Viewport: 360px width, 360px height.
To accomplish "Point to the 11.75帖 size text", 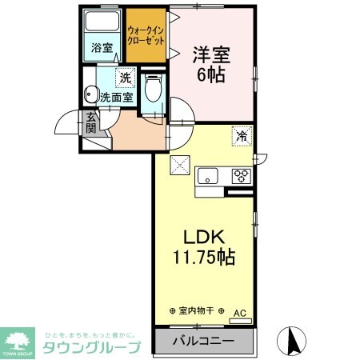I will pos(204,258).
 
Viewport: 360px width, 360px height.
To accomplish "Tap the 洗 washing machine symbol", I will pos(125,78).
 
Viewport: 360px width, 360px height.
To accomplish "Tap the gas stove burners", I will pos(240,176).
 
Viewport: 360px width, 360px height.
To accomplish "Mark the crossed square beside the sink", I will pos(180,166).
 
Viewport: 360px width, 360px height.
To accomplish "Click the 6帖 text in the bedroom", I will pos(210,75).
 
